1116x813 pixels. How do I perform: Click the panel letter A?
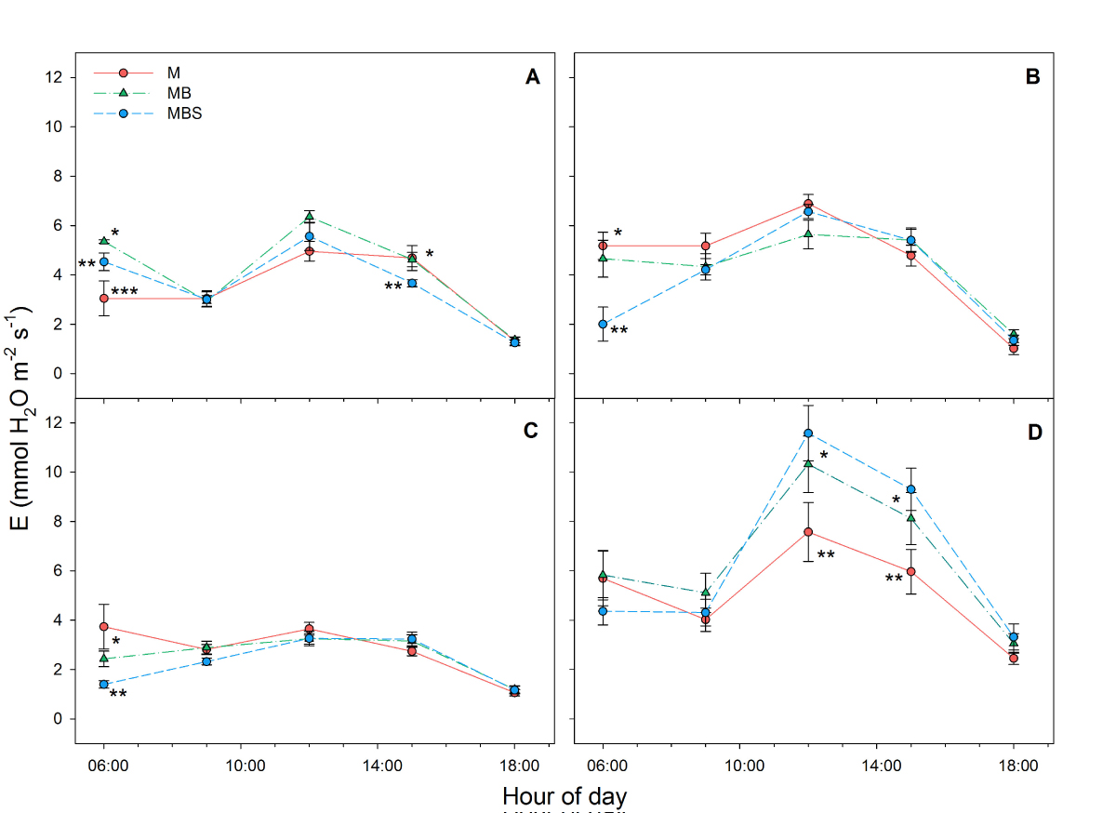point(532,78)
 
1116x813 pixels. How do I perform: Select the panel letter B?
point(1032,78)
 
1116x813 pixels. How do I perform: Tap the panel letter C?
point(532,431)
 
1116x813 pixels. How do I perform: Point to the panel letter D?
point(1032,433)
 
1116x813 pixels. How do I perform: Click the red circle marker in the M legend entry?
point(123,73)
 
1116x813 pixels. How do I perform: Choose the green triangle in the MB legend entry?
point(123,93)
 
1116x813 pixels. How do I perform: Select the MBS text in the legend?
point(184,113)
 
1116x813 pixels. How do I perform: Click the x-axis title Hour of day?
point(564,796)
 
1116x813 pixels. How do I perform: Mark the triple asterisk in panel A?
point(125,294)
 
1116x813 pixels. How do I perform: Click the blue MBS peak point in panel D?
point(808,433)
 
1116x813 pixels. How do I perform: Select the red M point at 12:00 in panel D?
point(808,532)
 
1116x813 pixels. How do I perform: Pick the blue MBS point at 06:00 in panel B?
point(603,325)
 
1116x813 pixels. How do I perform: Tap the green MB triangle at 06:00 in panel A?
point(104,241)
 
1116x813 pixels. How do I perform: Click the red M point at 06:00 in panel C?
point(104,627)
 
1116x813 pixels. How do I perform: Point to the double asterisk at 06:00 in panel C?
point(119,693)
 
